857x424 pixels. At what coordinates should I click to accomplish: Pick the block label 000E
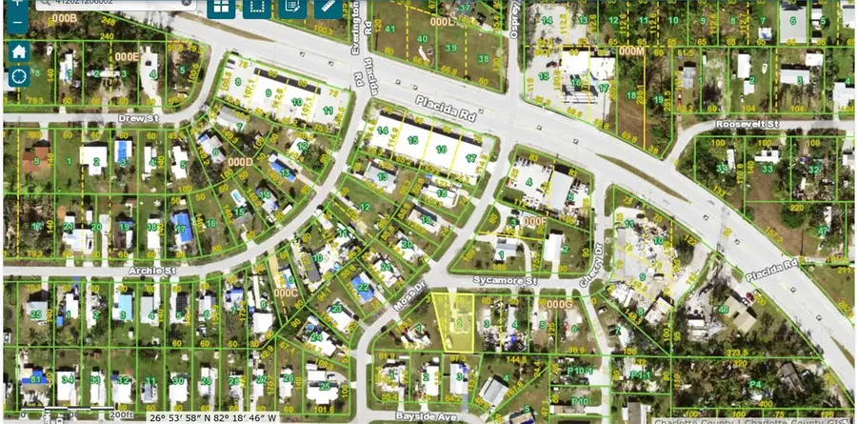click(x=127, y=57)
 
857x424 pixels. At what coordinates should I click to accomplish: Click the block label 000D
click(x=240, y=162)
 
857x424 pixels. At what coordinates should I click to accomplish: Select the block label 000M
click(x=630, y=50)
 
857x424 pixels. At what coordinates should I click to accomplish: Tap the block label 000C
click(x=287, y=294)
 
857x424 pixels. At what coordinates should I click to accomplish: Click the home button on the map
click(x=17, y=50)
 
